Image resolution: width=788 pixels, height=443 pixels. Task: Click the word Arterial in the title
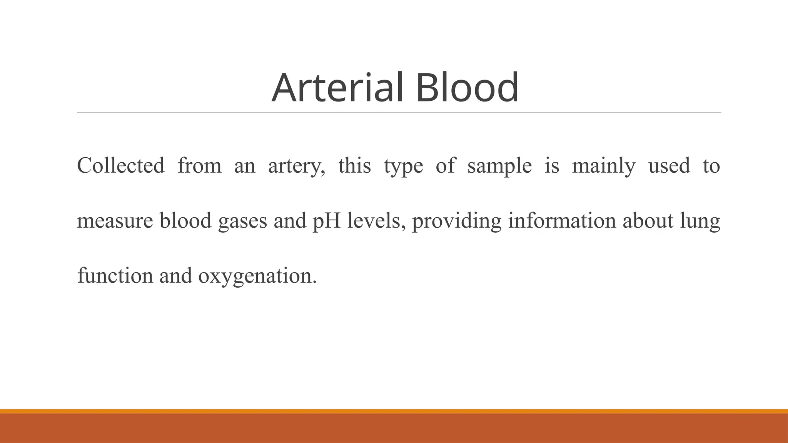click(x=337, y=88)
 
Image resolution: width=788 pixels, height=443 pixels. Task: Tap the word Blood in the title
click(x=467, y=88)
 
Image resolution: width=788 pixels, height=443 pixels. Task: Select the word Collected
click(x=121, y=166)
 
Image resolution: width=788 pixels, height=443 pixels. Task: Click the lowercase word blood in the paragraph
click(x=185, y=221)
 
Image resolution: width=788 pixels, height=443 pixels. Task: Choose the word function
click(x=115, y=276)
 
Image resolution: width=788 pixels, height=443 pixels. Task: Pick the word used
click(x=669, y=166)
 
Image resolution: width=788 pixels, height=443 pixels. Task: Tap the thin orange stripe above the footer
click(x=394, y=411)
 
